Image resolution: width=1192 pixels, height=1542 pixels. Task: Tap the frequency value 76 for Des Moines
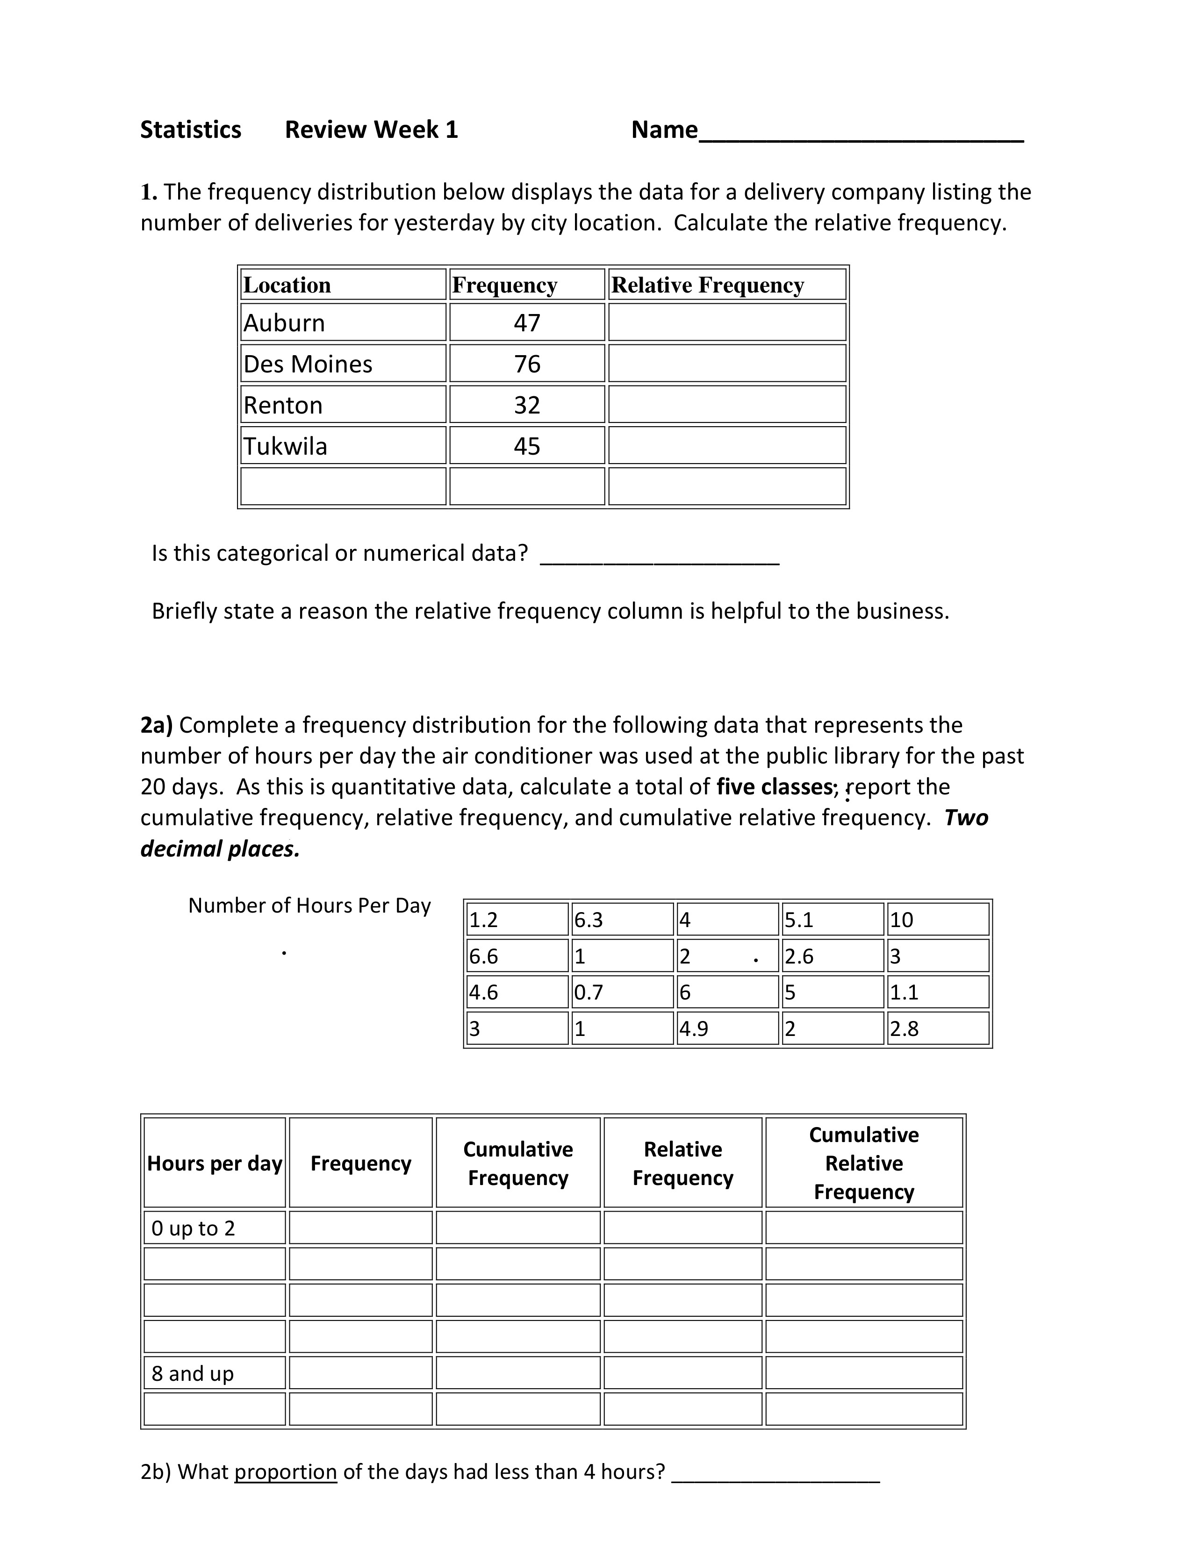coord(527,364)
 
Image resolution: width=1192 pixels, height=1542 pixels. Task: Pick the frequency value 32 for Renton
coord(527,405)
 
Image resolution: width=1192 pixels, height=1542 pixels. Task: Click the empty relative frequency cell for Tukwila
coord(726,445)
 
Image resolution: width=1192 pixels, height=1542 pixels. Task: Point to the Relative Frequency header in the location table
coord(708,285)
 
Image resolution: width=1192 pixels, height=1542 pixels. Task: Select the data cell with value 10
coord(902,919)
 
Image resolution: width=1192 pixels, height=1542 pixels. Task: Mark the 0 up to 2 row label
coord(193,1228)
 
